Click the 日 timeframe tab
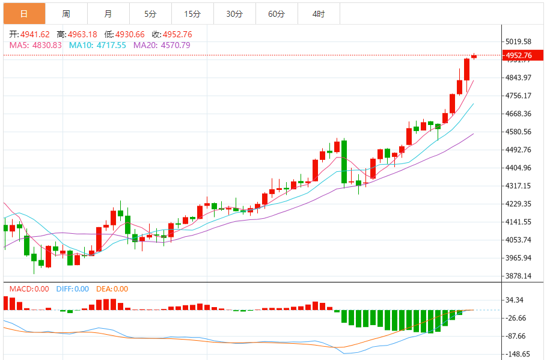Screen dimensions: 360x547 [x=24, y=13]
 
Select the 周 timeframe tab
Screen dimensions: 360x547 [x=66, y=13]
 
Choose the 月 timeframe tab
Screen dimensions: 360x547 [x=108, y=13]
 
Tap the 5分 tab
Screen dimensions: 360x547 [x=150, y=13]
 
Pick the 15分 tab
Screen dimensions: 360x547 [x=192, y=13]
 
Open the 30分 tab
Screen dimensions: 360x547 [x=234, y=13]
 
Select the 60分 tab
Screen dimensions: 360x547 [x=277, y=13]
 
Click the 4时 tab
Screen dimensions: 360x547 [x=319, y=13]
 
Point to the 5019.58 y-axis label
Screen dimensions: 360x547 [x=519, y=41]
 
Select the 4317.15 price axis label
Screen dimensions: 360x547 [x=519, y=186]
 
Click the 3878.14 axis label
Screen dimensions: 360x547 [x=519, y=276]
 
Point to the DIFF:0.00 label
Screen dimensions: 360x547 [x=72, y=289]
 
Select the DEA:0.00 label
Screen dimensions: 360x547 [x=112, y=289]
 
